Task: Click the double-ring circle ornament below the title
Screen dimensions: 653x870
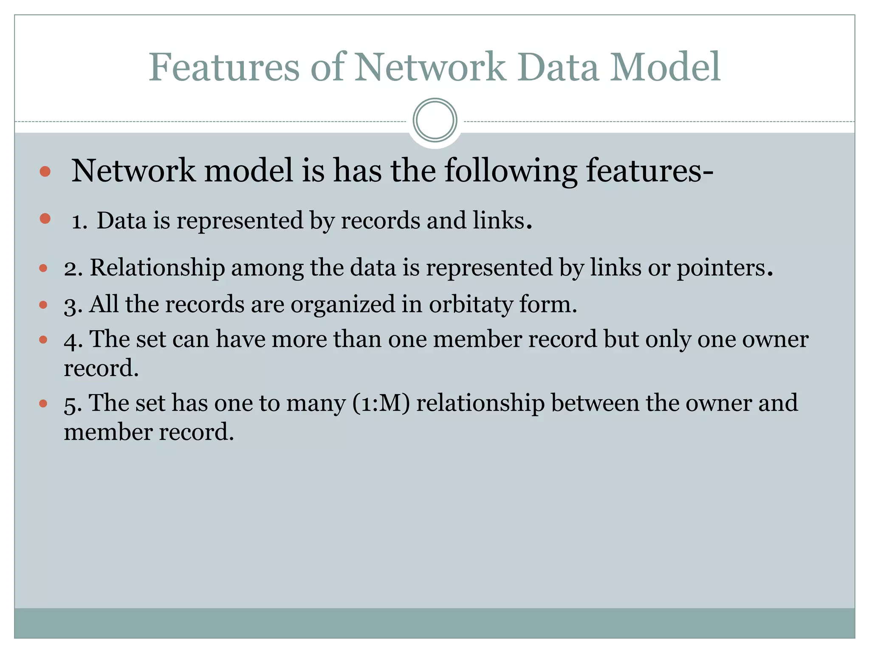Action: (x=435, y=120)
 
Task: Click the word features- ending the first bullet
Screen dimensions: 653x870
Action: (x=650, y=171)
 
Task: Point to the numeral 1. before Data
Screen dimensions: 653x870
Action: (x=79, y=221)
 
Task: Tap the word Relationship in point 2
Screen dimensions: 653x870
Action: (x=157, y=268)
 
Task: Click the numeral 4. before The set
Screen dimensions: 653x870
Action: (x=73, y=340)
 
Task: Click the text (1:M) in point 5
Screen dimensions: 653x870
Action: (x=381, y=403)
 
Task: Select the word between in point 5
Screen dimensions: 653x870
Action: (x=595, y=403)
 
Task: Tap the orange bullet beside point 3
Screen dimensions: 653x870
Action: (x=43, y=305)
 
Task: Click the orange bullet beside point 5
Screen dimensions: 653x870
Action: (x=43, y=403)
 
